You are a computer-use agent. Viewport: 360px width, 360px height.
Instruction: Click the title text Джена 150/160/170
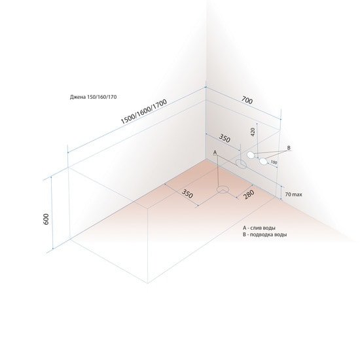click(x=93, y=97)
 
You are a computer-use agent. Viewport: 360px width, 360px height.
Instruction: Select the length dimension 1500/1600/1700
click(x=144, y=111)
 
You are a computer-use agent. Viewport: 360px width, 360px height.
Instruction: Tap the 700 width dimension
click(x=247, y=100)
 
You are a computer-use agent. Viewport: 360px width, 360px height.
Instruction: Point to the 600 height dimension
click(x=46, y=219)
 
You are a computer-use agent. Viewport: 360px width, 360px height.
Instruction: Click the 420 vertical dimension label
click(x=253, y=132)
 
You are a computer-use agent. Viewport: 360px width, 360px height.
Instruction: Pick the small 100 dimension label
click(x=274, y=162)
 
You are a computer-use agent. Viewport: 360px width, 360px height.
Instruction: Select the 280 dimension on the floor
click(x=249, y=194)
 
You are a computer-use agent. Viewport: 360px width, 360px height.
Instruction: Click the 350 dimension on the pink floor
click(x=187, y=194)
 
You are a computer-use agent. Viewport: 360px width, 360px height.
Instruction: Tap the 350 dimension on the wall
click(x=225, y=138)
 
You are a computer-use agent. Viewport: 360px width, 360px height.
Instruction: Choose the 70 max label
click(x=294, y=194)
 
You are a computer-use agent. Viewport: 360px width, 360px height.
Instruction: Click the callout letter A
click(x=215, y=153)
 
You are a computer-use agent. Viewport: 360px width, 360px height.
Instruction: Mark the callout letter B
click(x=289, y=148)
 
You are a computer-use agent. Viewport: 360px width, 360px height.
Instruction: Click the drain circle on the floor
click(x=223, y=190)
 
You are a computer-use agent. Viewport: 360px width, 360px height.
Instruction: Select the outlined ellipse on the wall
click(x=242, y=164)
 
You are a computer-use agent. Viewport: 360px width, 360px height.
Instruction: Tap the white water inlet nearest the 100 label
click(x=263, y=162)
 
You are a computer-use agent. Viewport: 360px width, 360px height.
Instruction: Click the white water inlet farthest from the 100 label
click(x=251, y=155)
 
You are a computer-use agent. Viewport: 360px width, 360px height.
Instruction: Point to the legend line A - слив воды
click(x=259, y=228)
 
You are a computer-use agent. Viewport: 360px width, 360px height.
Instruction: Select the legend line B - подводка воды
click(x=264, y=234)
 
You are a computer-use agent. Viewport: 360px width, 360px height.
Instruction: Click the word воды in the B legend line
click(x=280, y=234)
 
